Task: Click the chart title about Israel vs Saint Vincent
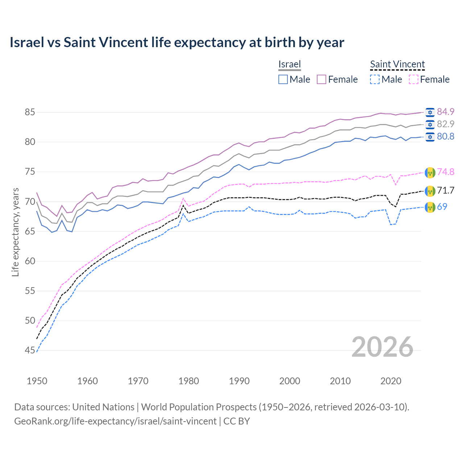pos(177,42)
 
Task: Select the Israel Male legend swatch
pos(283,79)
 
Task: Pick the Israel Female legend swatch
pos(322,79)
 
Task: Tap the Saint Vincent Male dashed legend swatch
pos(375,79)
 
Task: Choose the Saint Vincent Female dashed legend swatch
pos(413,79)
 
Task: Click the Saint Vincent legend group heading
pos(397,64)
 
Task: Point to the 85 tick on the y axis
pos(30,112)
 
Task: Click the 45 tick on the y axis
pos(30,351)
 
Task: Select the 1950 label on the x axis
pos(37,381)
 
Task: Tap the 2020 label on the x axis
pos(391,381)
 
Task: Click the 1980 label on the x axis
pos(188,381)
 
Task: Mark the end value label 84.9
pos(446,112)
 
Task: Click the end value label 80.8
pos(446,137)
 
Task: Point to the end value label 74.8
pos(446,172)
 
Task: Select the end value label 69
pos(442,207)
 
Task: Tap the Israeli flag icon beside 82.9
pos(430,124)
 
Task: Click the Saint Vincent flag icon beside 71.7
pos(430,191)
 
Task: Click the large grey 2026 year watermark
pos(382,347)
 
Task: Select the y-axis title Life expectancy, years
pos(16,232)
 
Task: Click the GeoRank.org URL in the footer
pos(115,421)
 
